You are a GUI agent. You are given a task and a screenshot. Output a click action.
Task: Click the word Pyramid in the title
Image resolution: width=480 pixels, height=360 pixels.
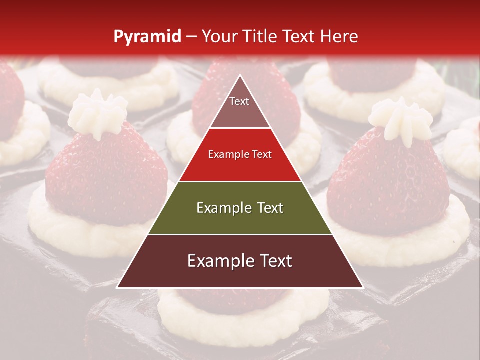147,36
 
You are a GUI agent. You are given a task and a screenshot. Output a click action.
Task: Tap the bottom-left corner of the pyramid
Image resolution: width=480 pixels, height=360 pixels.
118,287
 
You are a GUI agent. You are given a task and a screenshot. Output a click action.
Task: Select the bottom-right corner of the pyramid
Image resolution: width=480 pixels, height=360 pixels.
363,287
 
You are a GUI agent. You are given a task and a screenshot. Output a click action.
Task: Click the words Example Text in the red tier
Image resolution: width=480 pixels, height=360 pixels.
240,155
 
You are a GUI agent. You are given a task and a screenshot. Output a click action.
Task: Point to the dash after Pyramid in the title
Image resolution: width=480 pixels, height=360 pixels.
191,36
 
